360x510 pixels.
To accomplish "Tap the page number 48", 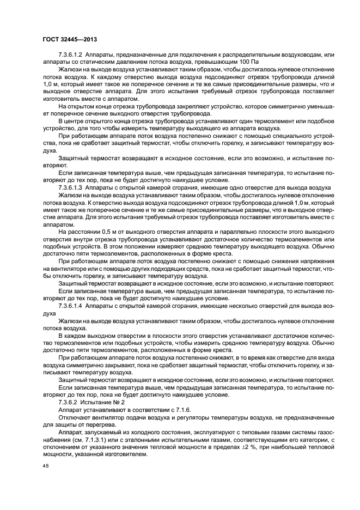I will click(x=46, y=466).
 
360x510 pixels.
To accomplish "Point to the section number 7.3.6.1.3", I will click(x=70, y=186).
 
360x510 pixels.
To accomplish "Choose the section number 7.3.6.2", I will click(x=68, y=402).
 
